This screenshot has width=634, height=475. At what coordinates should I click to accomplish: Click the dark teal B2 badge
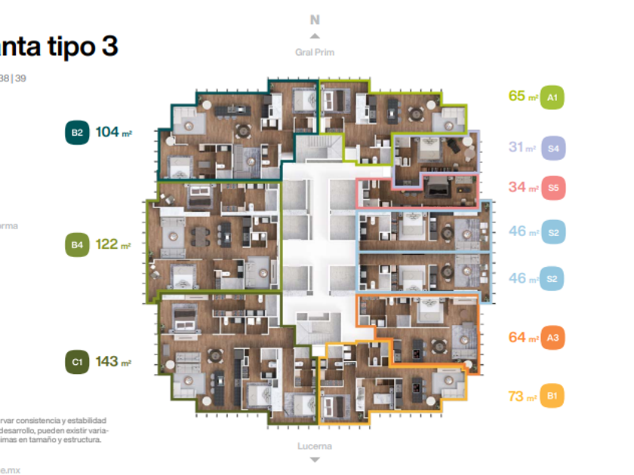tap(77, 133)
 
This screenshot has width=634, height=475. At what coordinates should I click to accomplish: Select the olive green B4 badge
tap(77, 244)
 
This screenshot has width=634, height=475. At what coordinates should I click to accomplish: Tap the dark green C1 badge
tap(77, 362)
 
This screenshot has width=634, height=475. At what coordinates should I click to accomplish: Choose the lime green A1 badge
tap(552, 97)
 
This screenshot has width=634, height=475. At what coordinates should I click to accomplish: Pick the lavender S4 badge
tap(553, 149)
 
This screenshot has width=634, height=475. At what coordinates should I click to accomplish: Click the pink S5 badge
tap(553, 187)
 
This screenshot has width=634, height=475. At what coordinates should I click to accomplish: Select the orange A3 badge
tap(553, 338)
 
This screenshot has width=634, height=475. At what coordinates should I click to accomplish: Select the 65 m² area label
tap(522, 97)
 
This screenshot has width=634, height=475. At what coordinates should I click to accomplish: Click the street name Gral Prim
tap(315, 53)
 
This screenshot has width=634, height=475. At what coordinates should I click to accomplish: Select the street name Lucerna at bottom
tap(315, 446)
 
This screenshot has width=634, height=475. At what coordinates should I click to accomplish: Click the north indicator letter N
tap(315, 20)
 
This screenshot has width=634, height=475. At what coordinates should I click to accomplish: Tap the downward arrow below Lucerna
tap(315, 459)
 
